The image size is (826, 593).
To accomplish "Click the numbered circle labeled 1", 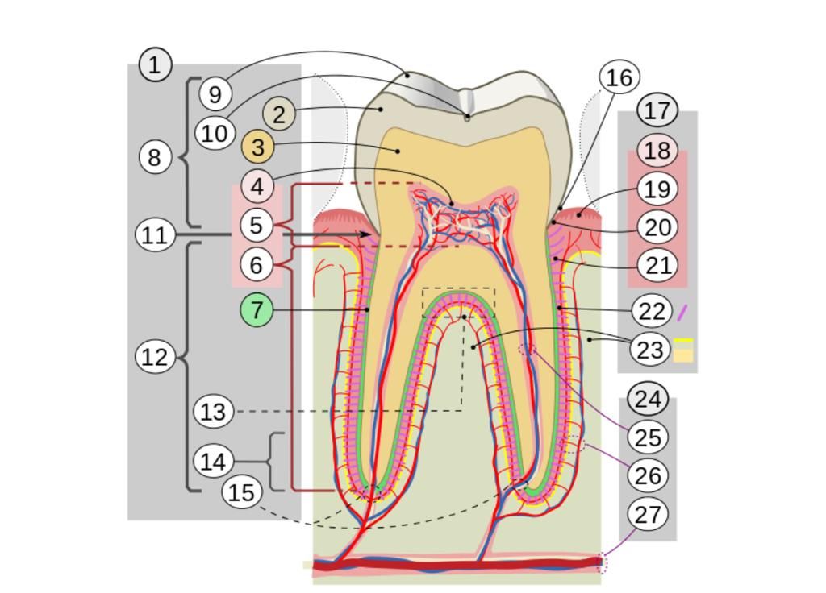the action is pyautogui.click(x=155, y=64).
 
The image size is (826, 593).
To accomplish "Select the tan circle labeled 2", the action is pyautogui.click(x=278, y=114).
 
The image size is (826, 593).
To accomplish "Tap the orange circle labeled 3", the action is pyautogui.click(x=257, y=147).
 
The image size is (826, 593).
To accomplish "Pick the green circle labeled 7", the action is pyautogui.click(x=257, y=310).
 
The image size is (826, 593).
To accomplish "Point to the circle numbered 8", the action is pyautogui.click(x=155, y=157).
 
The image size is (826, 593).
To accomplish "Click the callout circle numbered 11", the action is pyautogui.click(x=155, y=234).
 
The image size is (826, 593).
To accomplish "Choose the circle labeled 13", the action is pyautogui.click(x=213, y=412).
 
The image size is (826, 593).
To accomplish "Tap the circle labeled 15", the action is pyautogui.click(x=242, y=492).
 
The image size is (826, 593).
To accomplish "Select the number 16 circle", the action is pyautogui.click(x=619, y=77).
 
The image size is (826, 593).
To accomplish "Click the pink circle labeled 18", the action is pyautogui.click(x=657, y=151).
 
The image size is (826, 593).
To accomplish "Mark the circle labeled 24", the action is pyautogui.click(x=649, y=399).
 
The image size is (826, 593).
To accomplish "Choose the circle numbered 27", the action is pyautogui.click(x=648, y=514).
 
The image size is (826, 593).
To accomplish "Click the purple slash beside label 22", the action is pyautogui.click(x=682, y=313).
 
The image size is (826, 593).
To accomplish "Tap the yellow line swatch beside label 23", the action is pyautogui.click(x=683, y=341).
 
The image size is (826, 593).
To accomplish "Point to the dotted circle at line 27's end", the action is pyautogui.click(x=602, y=564).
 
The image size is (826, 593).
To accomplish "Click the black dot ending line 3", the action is pyautogui.click(x=398, y=151).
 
